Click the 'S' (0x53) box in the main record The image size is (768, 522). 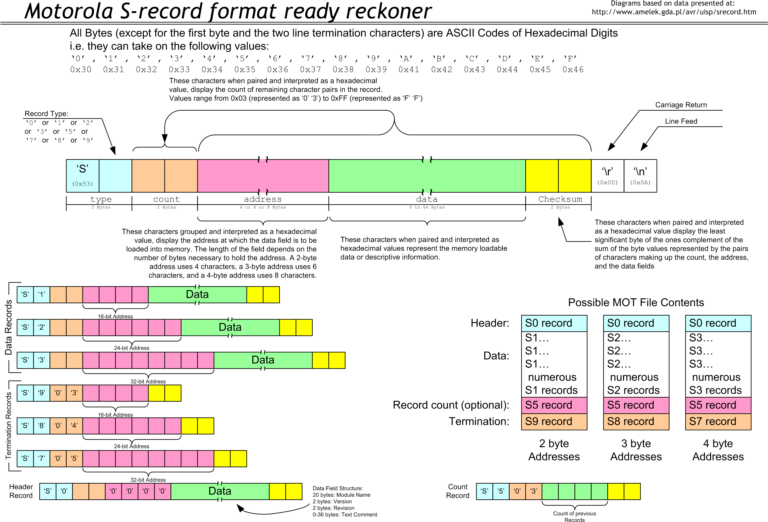click(83, 175)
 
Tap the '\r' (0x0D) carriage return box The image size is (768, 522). click(607, 175)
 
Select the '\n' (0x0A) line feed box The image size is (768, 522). click(640, 175)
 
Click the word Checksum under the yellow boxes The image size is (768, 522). click(560, 199)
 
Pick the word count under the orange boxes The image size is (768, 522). click(166, 199)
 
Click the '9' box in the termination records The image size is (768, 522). click(42, 393)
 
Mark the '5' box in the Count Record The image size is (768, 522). click(501, 491)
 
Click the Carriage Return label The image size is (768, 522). click(681, 105)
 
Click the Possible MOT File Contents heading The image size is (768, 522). click(636, 303)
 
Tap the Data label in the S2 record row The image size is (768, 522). click(230, 327)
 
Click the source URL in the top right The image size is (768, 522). click(673, 12)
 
